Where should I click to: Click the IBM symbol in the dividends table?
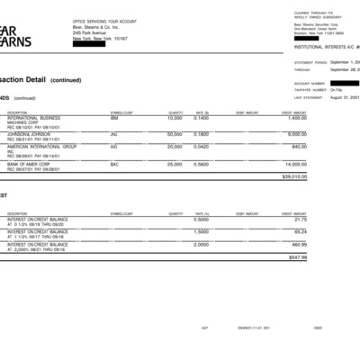tap(114, 118)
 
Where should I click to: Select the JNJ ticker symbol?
tap(114, 132)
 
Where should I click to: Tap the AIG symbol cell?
tap(113, 146)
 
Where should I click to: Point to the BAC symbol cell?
tap(114, 165)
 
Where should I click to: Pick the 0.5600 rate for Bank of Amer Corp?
tap(202, 165)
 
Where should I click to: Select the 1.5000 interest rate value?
tap(202, 231)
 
